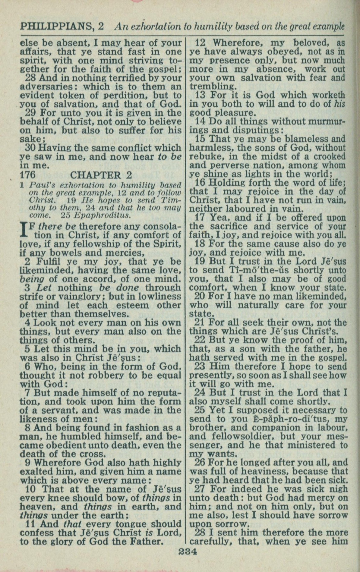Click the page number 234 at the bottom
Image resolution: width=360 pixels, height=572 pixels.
(x=188, y=552)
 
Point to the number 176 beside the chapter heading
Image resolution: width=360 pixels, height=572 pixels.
(x=27, y=175)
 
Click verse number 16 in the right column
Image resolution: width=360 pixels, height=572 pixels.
(x=201, y=183)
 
